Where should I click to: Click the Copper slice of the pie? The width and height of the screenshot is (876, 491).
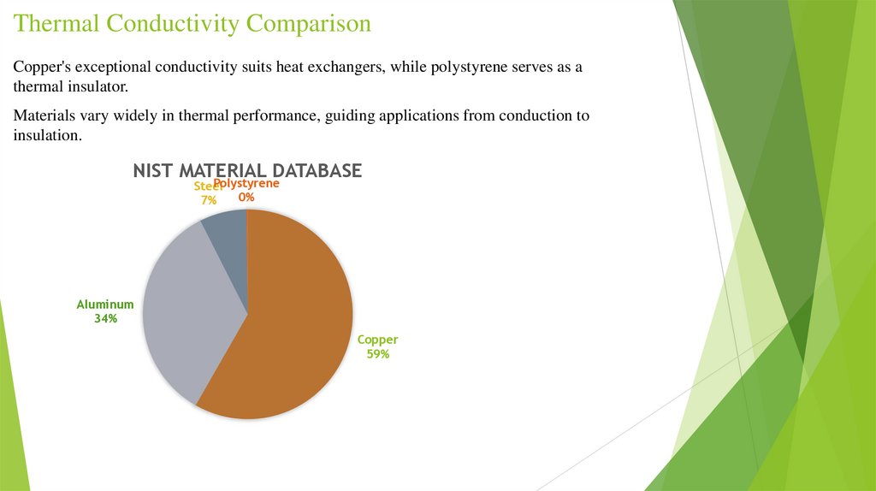[295, 325]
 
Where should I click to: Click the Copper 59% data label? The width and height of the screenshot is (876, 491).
[377, 346]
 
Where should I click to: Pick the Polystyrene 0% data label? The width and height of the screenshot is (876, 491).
[246, 190]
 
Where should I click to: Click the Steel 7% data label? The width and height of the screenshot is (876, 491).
[206, 193]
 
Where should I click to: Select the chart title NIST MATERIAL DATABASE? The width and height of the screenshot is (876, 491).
[247, 171]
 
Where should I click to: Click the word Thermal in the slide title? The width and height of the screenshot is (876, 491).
[56, 23]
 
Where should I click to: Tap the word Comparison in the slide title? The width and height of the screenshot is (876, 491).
[309, 23]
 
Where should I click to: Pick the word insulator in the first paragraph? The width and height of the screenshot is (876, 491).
[94, 88]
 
